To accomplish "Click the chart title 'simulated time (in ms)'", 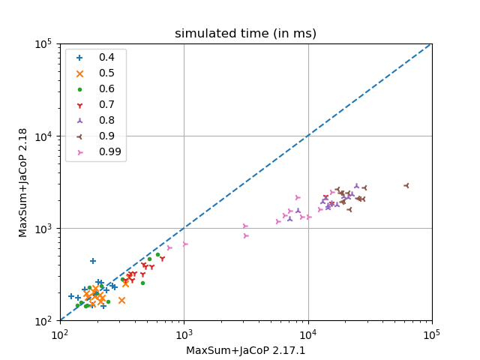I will pos(245,34).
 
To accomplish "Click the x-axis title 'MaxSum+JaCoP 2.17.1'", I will pos(246,350).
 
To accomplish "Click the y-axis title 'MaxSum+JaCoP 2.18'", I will pos(23,182).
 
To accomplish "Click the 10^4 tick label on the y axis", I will pos(43,136).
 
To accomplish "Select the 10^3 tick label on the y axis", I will pos(43,228).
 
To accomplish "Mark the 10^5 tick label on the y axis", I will pos(43,43).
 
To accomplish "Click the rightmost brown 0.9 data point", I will pos(406,185).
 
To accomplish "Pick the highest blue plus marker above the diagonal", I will pos(93,261).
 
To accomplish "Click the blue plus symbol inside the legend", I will pos(80,57).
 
